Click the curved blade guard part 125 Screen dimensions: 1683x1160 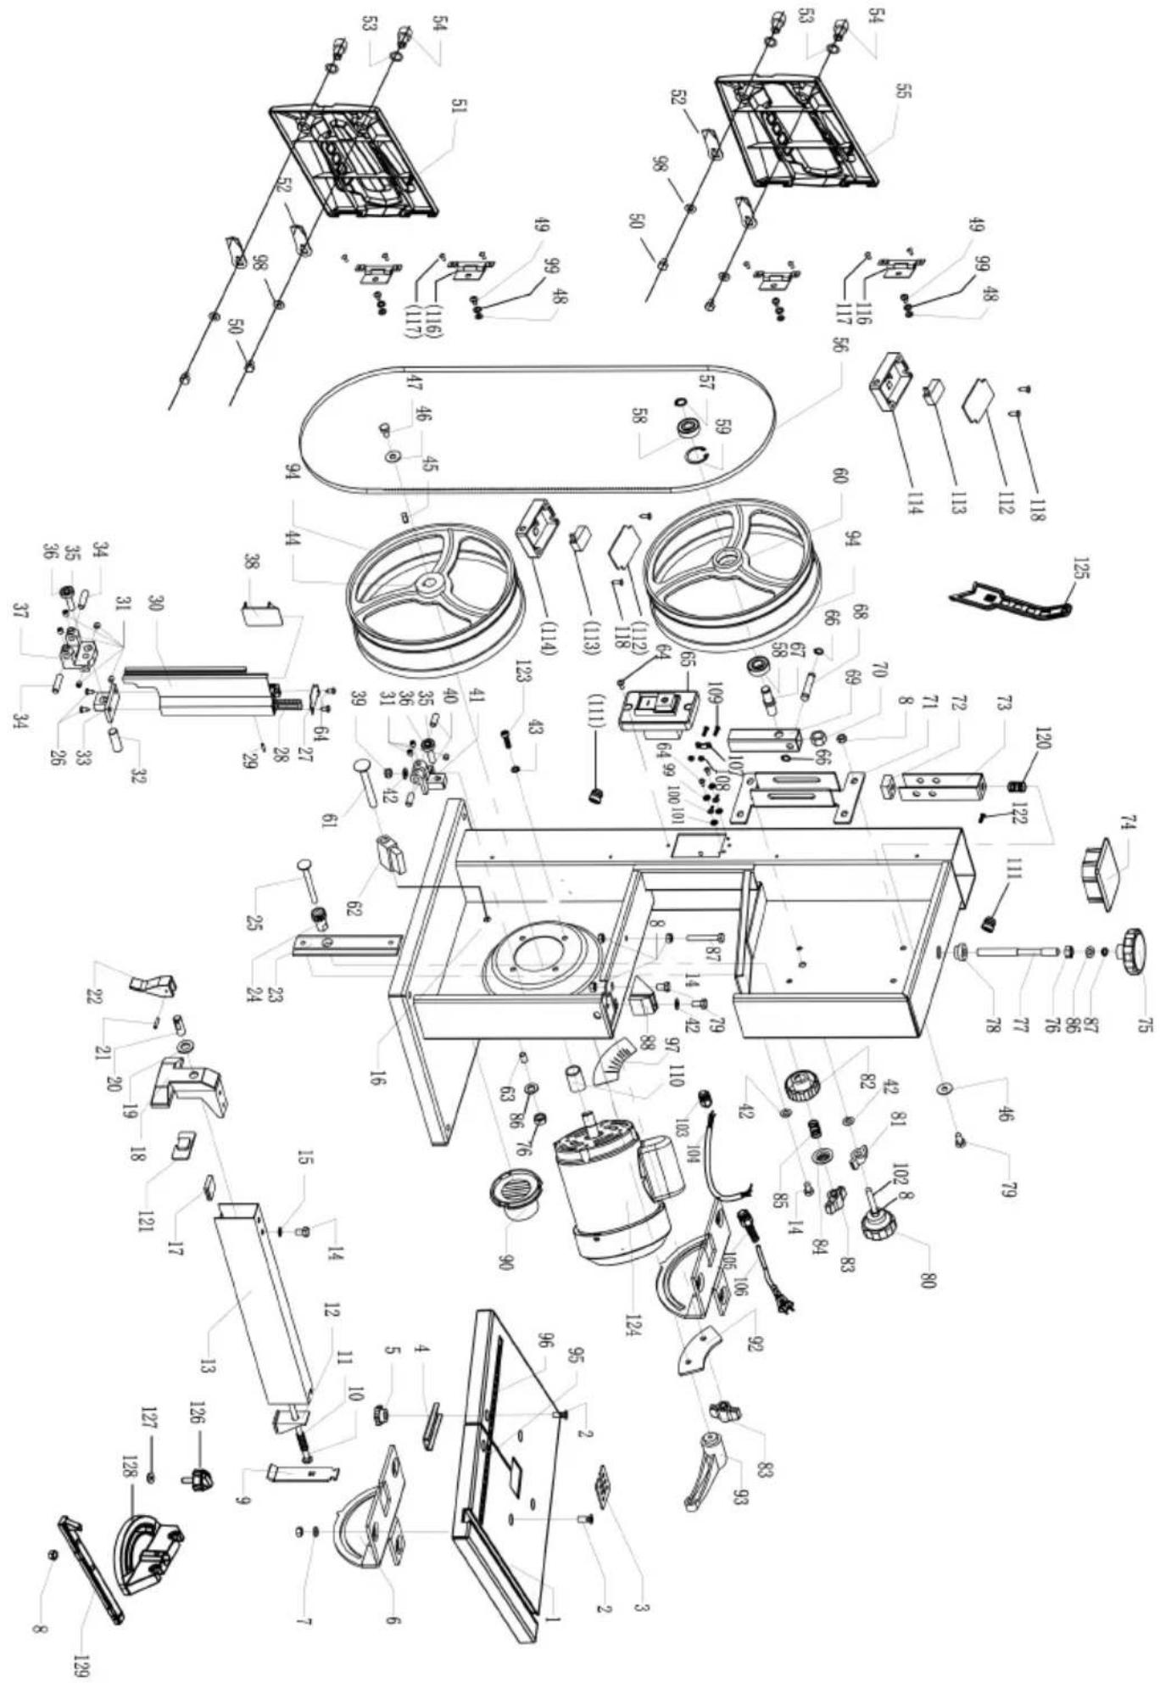(1012, 600)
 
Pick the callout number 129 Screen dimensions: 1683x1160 (87, 1647)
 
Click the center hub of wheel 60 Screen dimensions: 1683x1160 (728, 561)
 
